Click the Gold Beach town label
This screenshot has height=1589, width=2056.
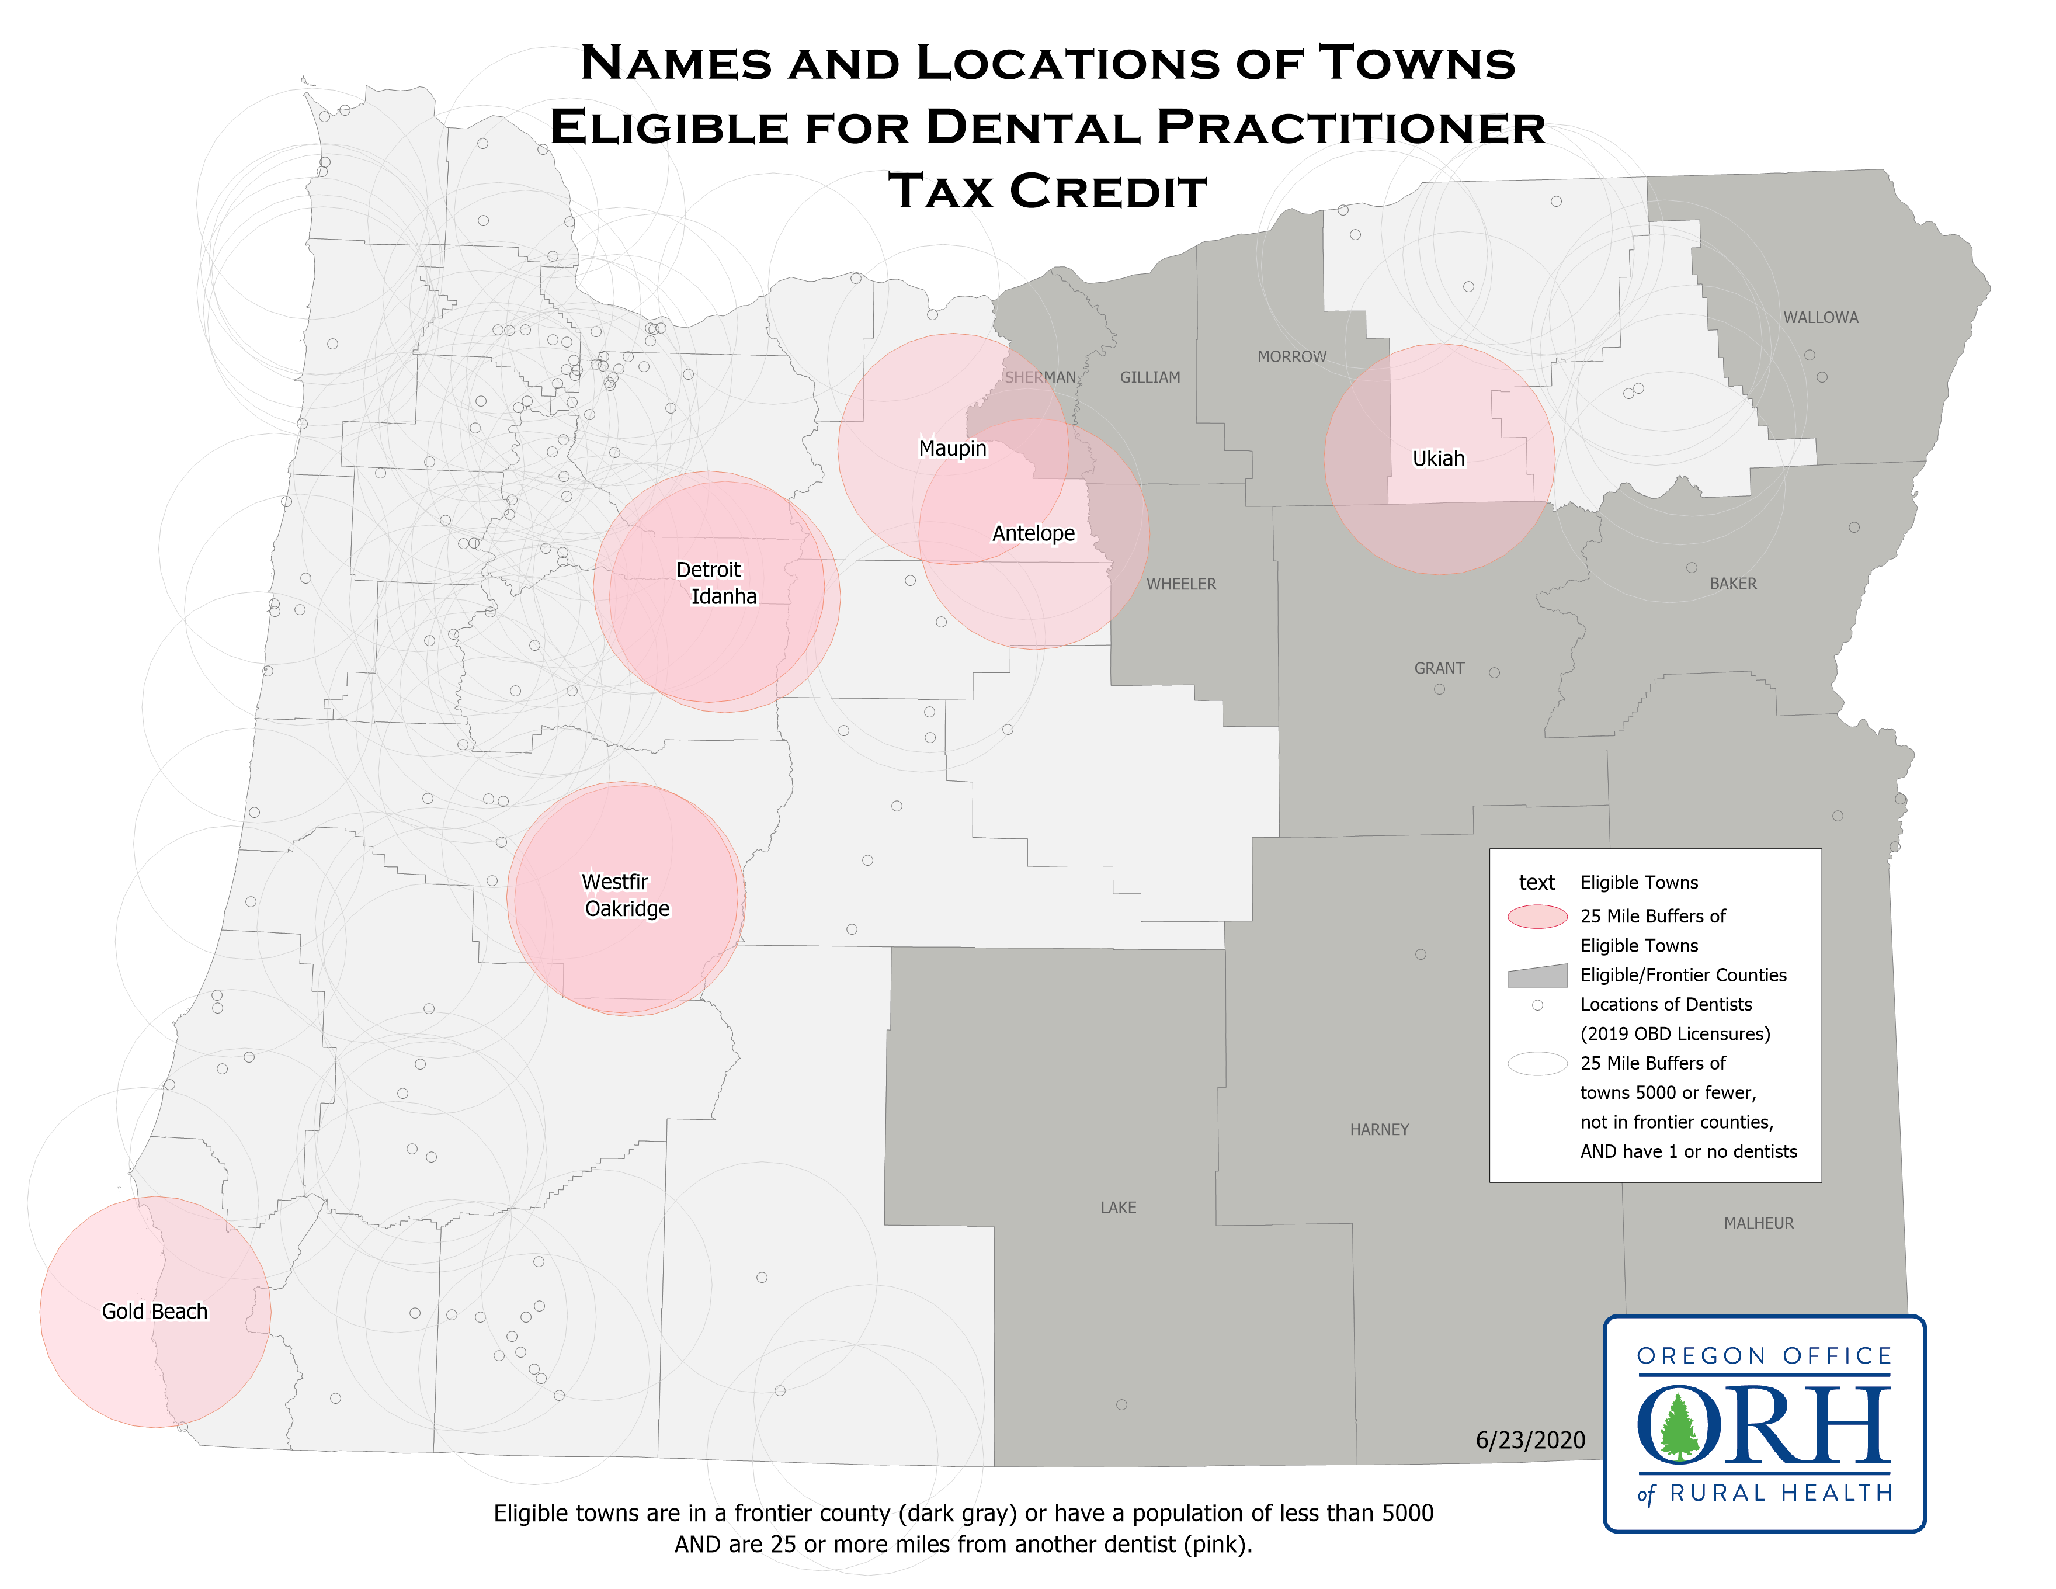(x=154, y=1312)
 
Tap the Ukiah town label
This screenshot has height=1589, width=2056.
(x=1439, y=459)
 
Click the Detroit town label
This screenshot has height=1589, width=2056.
(x=708, y=570)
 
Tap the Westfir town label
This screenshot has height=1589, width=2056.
(x=614, y=882)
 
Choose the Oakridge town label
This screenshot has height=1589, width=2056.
(x=627, y=908)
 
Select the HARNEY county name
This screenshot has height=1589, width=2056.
(x=1379, y=1130)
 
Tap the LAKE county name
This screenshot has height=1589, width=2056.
(x=1119, y=1208)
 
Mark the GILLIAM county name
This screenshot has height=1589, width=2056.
(x=1149, y=377)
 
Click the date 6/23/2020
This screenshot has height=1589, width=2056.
(x=1530, y=1440)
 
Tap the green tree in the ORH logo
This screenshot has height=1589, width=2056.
(x=1679, y=1425)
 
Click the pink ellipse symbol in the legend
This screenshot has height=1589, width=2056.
(x=1537, y=916)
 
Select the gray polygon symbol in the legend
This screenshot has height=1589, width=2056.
(x=1537, y=976)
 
